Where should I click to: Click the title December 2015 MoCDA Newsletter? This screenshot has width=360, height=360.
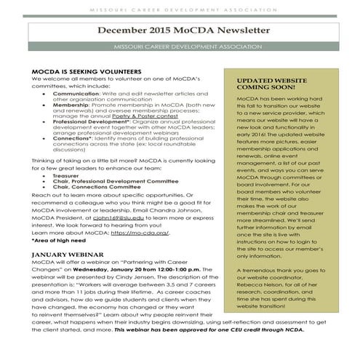(x=180, y=31)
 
